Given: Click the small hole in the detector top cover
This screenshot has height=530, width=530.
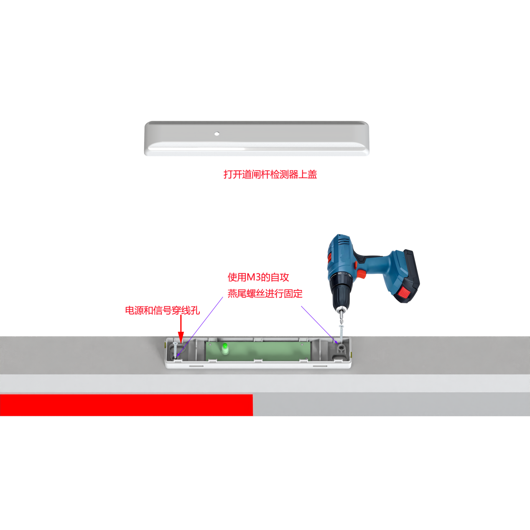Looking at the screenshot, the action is pos(217,134).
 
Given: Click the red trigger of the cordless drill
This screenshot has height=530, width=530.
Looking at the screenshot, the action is pos(362,274).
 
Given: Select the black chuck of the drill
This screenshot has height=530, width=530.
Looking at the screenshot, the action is pos(341,294).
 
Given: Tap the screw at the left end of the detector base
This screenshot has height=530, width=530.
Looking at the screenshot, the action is pos(175,348).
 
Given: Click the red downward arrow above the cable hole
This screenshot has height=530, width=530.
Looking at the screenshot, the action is pos(181,329).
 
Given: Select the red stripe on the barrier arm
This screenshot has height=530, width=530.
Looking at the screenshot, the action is pos(126,405).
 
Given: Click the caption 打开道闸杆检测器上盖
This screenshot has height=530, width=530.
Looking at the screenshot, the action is pos(270,174).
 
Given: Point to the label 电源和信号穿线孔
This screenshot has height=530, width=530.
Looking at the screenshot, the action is pos(162,310).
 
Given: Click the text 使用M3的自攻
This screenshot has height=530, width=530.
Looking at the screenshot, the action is pos(258,277).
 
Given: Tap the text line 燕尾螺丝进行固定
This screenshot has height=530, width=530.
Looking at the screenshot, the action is pos(265,293).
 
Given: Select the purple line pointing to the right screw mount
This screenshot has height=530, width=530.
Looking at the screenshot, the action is pos(319,324).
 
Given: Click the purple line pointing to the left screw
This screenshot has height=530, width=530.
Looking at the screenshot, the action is pos(200,326).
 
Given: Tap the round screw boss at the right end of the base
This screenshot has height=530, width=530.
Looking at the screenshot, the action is pos(341,347).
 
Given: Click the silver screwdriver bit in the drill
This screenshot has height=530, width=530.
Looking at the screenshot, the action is pos(341,317).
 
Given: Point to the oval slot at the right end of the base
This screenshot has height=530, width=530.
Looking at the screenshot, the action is pos(337,357).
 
